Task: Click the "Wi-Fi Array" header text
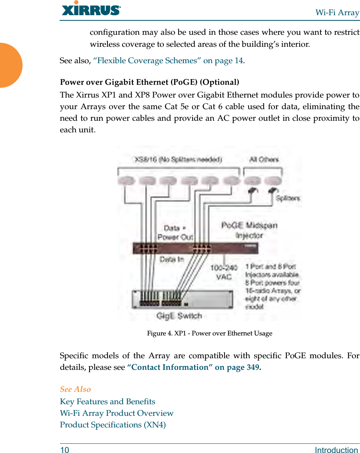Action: tap(337, 12)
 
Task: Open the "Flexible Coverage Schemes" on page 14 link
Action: tap(168, 61)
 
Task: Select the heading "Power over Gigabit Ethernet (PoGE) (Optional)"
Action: tap(149, 82)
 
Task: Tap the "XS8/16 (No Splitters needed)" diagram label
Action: tap(178, 160)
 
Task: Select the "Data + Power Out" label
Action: tap(175, 232)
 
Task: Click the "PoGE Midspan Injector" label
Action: tap(249, 230)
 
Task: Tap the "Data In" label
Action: tap(172, 259)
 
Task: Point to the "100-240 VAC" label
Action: tap(223, 271)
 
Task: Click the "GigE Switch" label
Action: tap(179, 316)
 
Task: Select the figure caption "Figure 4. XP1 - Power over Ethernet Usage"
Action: tap(209, 333)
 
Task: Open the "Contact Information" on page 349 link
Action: tap(193, 367)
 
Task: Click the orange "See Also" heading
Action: tap(76, 389)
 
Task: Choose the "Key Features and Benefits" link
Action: tap(107, 401)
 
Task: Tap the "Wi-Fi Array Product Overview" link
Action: tap(117, 413)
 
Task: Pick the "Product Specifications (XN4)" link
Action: tap(113, 425)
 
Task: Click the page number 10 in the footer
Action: tap(64, 450)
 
